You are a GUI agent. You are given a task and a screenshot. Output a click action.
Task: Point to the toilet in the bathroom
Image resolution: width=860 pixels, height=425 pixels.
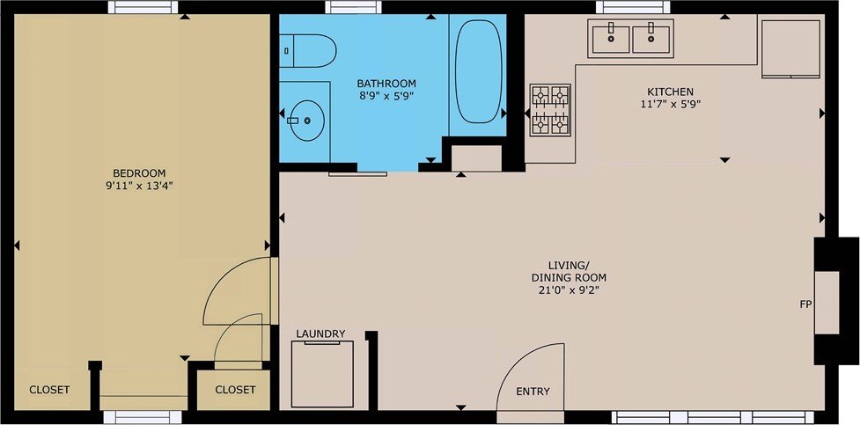(x=308, y=51)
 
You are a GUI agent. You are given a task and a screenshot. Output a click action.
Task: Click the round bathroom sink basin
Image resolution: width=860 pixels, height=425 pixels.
(x=307, y=120)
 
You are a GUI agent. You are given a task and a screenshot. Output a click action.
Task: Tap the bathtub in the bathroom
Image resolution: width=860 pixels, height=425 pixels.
(x=479, y=71)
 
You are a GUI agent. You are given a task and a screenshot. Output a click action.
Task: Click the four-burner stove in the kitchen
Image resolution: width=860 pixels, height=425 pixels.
(x=550, y=110)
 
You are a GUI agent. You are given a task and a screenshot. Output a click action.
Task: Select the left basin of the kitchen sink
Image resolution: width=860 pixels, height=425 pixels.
(x=611, y=39)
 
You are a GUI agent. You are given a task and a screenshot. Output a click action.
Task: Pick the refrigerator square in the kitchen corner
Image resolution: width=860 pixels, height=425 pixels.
(x=790, y=48)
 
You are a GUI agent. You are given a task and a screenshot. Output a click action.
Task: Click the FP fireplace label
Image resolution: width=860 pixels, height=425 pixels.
(x=805, y=304)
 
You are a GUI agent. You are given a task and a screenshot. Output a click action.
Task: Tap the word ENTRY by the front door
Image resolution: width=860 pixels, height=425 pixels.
(x=533, y=392)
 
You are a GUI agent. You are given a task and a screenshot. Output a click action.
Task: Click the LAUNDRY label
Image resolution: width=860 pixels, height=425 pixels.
(x=321, y=333)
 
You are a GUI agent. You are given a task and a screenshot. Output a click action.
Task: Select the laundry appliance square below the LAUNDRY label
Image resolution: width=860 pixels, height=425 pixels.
(x=322, y=374)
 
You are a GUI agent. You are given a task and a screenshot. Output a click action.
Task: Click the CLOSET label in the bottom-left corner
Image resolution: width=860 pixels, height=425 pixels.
(x=49, y=390)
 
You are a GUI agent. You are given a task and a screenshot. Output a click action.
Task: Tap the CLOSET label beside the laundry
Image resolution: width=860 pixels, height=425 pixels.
(x=235, y=390)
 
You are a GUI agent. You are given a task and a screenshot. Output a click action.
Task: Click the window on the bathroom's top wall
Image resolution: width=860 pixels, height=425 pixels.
(x=353, y=7)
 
